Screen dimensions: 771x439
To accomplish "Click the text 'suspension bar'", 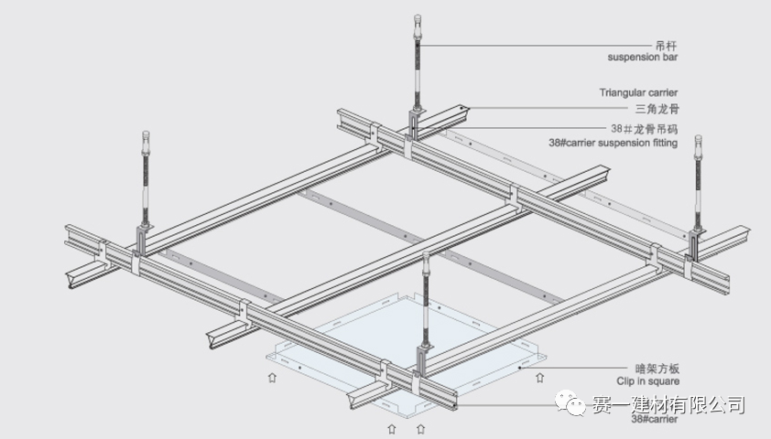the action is (643, 58).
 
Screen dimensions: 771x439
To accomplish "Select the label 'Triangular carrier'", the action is (639, 92).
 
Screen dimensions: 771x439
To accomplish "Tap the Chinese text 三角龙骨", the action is (657, 109).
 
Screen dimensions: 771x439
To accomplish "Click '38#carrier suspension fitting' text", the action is (613, 143).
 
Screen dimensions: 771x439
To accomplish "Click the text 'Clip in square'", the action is (647, 381).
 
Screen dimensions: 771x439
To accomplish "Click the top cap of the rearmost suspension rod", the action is (417, 19).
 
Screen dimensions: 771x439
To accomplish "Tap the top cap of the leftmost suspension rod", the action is (146, 137).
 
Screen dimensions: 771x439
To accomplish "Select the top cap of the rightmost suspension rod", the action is (698, 141).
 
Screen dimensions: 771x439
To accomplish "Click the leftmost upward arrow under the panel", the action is (271, 376).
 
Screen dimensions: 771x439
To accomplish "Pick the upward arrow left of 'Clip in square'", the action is (540, 376).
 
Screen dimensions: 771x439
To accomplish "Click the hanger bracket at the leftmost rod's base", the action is (143, 239).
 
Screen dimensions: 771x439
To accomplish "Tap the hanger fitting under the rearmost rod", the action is (415, 123).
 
